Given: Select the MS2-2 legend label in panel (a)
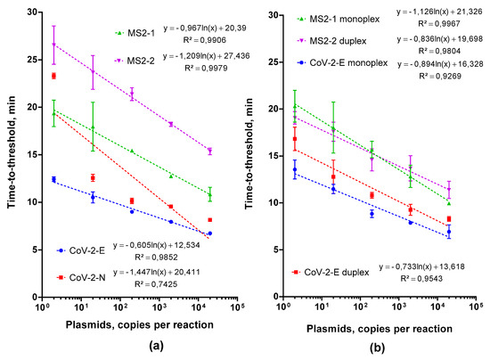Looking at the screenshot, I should point(141,60).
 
